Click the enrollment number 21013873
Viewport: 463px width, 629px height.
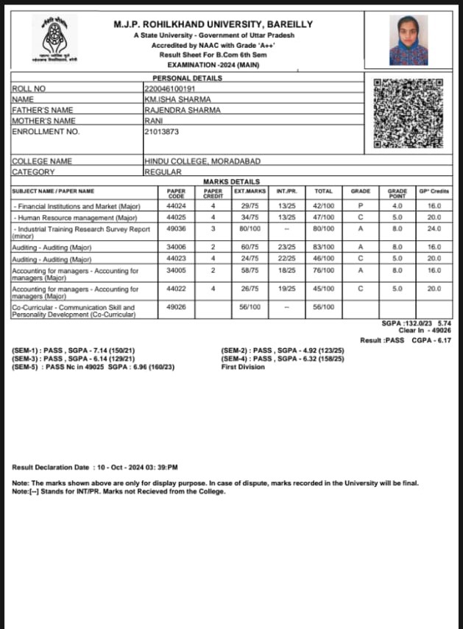tap(161, 131)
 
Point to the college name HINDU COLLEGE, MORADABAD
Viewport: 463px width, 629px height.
tap(202, 161)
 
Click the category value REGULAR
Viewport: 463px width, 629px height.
tap(163, 172)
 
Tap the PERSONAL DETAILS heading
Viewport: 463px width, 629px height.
tap(186, 78)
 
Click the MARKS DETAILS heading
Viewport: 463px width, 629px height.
tap(231, 181)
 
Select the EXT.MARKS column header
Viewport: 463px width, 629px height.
tap(250, 191)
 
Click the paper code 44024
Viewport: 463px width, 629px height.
tap(176, 206)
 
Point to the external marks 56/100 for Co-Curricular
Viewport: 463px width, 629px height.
tap(250, 306)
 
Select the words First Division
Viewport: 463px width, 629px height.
tap(242, 367)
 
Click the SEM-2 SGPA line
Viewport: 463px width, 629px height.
tap(276, 351)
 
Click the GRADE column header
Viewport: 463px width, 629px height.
tap(361, 191)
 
